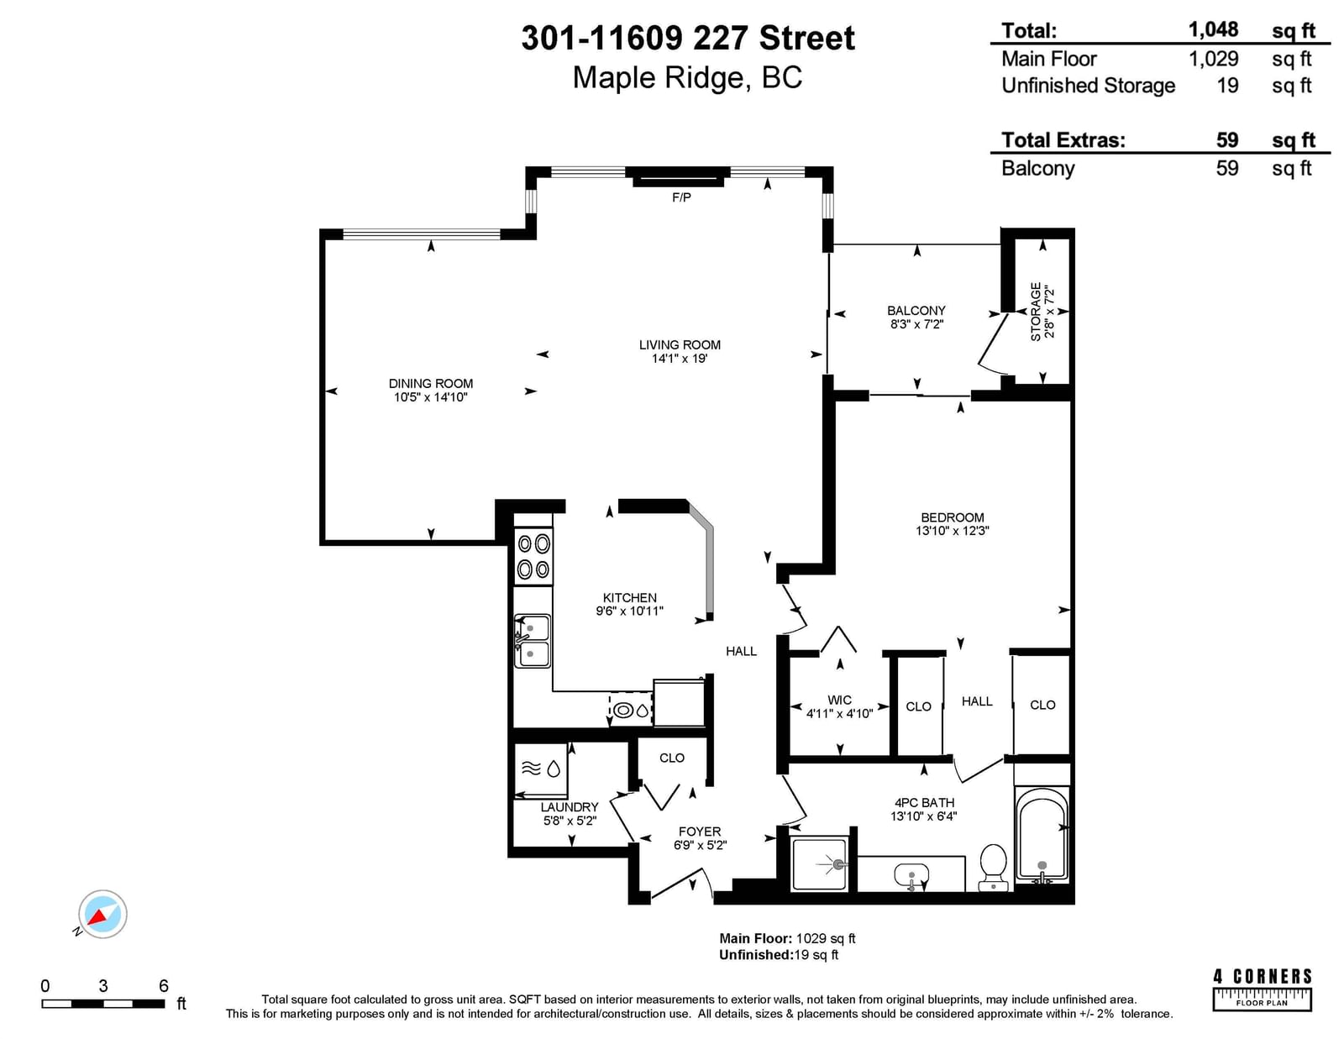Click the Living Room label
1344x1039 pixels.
(x=679, y=345)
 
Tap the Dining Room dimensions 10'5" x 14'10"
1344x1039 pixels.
(x=430, y=397)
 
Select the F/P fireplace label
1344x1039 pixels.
(x=681, y=197)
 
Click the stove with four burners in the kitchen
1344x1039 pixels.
(x=533, y=557)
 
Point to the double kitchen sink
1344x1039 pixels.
(x=532, y=642)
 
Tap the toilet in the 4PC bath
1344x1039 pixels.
(x=994, y=867)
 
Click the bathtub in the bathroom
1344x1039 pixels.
(x=1042, y=832)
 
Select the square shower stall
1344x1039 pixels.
(x=820, y=863)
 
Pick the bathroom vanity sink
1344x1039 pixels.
(x=911, y=876)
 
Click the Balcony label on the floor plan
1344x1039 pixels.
(x=916, y=311)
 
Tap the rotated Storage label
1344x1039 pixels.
(x=1036, y=312)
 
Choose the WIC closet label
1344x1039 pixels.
(x=839, y=701)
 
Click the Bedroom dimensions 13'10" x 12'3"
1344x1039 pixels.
(x=952, y=531)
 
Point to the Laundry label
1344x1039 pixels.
(x=569, y=807)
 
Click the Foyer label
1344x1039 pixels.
(x=700, y=832)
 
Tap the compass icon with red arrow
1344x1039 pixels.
(x=102, y=914)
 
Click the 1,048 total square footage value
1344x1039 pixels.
(x=1213, y=29)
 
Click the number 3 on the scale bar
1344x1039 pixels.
(x=103, y=985)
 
